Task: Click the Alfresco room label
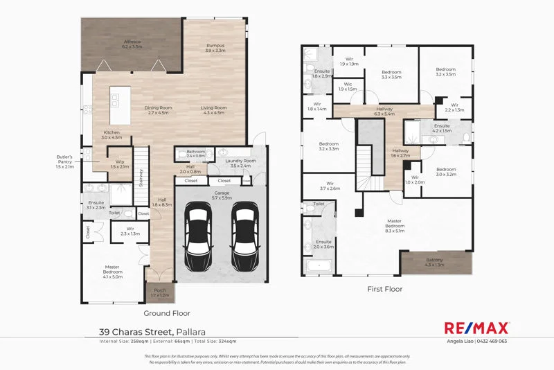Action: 132,43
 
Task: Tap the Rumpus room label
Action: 215,47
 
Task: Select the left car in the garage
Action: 199,230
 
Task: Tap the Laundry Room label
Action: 241,164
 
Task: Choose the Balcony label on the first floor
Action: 434,262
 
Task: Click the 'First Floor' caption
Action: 385,288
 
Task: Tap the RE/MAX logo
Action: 476,328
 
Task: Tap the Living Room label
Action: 214,110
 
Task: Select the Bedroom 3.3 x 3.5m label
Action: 391,74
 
